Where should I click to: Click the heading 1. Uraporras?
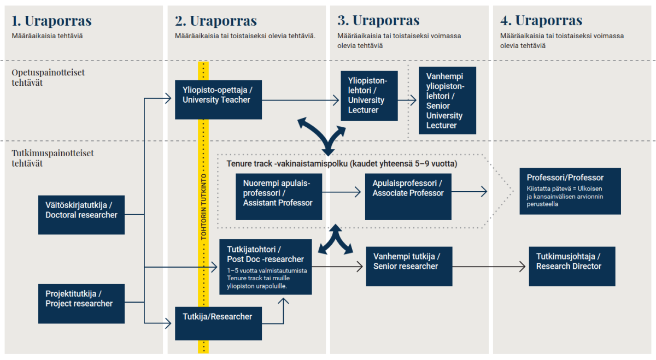click(52, 21)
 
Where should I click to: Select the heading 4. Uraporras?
click(541, 21)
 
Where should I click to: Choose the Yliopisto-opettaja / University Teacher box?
click(218, 99)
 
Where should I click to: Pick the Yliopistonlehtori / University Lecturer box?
click(366, 96)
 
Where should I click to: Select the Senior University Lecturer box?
click(447, 101)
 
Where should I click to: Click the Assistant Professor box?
click(278, 197)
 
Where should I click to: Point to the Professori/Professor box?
click(570, 191)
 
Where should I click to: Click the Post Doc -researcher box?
click(265, 267)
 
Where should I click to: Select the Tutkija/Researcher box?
click(218, 323)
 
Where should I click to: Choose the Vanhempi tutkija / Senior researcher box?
click(409, 266)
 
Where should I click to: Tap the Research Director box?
click(571, 266)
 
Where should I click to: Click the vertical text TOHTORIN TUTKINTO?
click(203, 208)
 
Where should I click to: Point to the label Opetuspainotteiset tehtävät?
click(48, 78)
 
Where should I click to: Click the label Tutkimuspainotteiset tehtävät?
click(52, 158)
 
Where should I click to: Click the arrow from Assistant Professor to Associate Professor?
click(342, 192)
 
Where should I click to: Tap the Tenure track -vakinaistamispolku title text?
click(342, 164)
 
